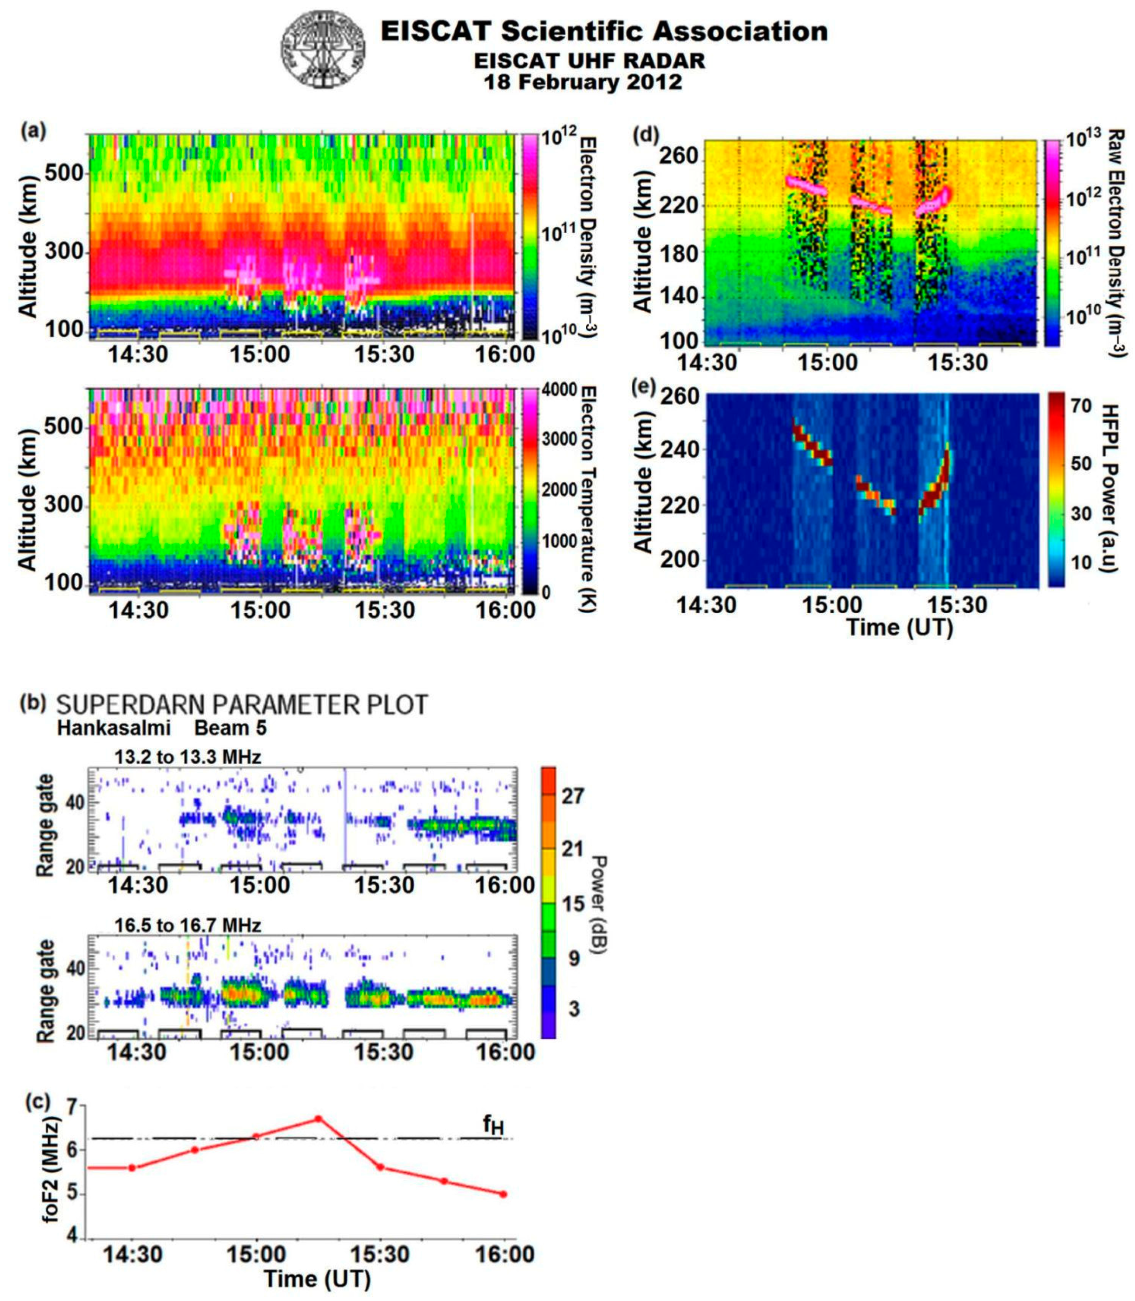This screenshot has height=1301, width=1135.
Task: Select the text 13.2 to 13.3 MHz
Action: click(188, 757)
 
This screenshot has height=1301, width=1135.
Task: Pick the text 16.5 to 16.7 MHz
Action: click(188, 926)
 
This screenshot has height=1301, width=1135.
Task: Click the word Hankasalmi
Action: click(114, 729)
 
